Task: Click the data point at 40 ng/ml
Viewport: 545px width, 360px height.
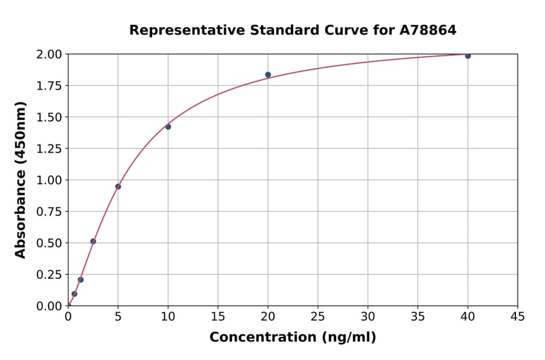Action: (467, 56)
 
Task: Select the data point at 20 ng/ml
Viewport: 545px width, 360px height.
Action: (268, 75)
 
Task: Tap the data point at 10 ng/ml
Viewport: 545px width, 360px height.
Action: (168, 127)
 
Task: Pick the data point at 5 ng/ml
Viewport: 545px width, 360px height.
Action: (118, 187)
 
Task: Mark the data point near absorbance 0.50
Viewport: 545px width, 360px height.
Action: (93, 241)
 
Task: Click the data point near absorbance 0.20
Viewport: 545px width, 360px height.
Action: (81, 280)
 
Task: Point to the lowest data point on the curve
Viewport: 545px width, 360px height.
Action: (74, 294)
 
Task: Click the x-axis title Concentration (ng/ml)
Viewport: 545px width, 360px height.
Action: (292, 338)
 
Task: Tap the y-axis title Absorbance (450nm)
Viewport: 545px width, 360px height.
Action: (21, 179)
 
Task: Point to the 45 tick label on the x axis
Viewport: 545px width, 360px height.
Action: (518, 316)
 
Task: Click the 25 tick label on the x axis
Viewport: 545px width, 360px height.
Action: (318, 316)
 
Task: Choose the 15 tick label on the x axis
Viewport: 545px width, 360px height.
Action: (218, 316)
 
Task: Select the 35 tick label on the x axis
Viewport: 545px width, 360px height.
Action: (418, 316)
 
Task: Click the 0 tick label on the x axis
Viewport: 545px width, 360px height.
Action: (68, 316)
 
